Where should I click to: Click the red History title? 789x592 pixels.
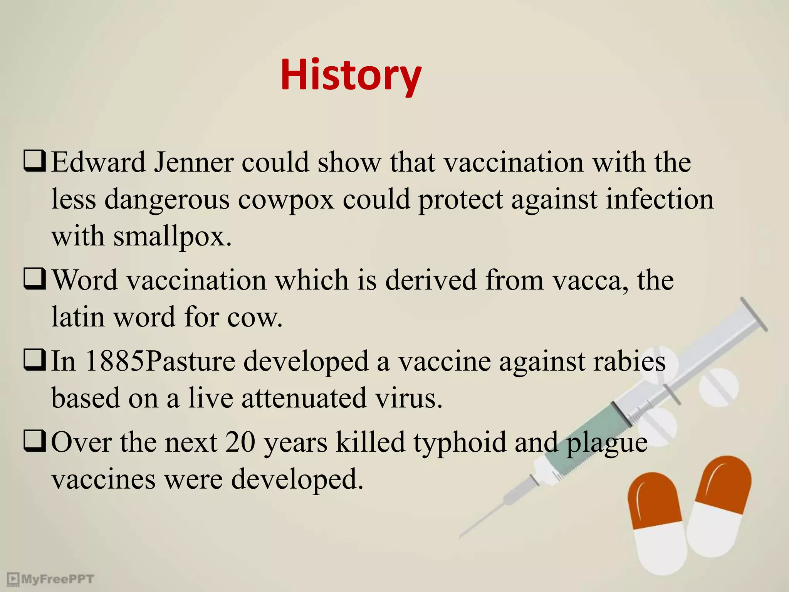[x=351, y=75]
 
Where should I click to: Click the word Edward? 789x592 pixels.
[x=99, y=162]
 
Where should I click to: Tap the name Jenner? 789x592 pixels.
[x=194, y=162]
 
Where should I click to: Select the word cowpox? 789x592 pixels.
[x=286, y=200]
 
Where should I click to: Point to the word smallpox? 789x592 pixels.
[x=172, y=236]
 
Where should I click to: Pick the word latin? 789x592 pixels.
[x=78, y=317]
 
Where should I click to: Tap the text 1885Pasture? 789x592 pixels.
[x=160, y=362]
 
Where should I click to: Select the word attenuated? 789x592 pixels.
[x=304, y=398]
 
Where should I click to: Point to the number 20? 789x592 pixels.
[x=240, y=442]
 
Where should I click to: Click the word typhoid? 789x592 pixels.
[x=460, y=442]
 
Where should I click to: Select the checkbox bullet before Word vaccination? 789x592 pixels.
[x=35, y=279]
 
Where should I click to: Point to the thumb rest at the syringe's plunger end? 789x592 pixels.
[x=754, y=314]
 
